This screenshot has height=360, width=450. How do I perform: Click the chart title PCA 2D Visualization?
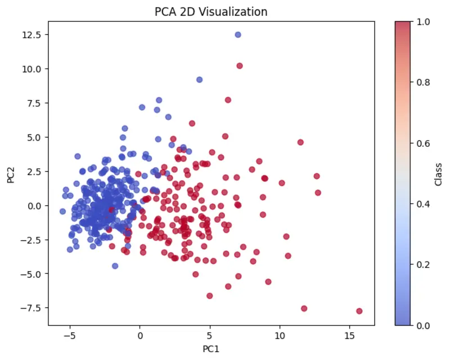pyautogui.click(x=211, y=12)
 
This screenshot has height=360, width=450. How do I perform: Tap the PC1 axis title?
pyautogui.click(x=211, y=349)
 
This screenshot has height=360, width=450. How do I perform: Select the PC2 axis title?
pyautogui.click(x=11, y=175)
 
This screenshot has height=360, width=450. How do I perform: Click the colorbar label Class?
pyautogui.click(x=438, y=174)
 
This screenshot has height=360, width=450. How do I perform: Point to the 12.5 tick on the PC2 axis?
pyautogui.click(x=31, y=35)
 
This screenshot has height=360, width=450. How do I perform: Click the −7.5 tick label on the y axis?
pyautogui.click(x=30, y=308)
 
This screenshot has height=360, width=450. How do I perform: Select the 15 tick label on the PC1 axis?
pyautogui.click(x=349, y=336)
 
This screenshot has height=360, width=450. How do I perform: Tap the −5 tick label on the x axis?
pyautogui.click(x=70, y=336)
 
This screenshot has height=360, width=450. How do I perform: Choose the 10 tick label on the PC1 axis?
pyautogui.click(x=280, y=336)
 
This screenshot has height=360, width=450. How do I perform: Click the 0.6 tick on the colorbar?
pyautogui.click(x=424, y=143)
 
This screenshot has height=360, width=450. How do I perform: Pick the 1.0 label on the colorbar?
pyautogui.click(x=424, y=22)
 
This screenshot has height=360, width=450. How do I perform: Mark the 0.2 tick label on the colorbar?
pyautogui.click(x=424, y=265)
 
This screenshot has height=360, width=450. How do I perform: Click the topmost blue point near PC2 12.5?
pyautogui.click(x=238, y=35)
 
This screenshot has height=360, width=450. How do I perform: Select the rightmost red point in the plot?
pyautogui.click(x=359, y=311)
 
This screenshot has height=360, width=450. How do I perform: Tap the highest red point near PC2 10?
pyautogui.click(x=240, y=66)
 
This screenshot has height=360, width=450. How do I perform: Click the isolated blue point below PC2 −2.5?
pyautogui.click(x=115, y=266)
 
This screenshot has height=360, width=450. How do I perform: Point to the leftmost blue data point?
pyautogui.click(x=63, y=211)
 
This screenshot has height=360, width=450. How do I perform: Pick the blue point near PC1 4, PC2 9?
pyautogui.click(x=200, y=79)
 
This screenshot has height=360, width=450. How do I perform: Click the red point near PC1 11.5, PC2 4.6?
pyautogui.click(x=300, y=142)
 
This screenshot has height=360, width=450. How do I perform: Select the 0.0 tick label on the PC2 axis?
pyautogui.click(x=34, y=206)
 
